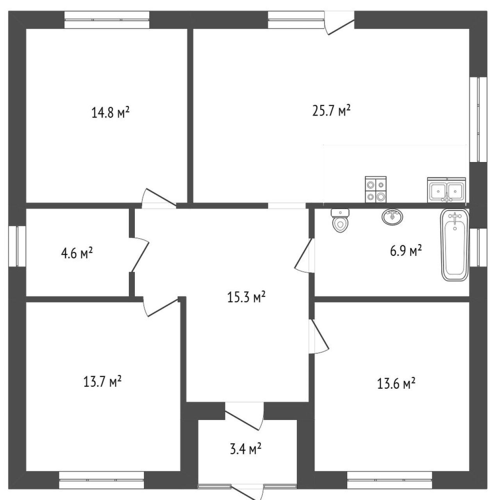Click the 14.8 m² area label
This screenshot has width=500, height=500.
coord(110,113)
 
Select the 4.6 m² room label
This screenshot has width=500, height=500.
coord(77,253)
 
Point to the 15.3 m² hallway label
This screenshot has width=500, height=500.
coord(246,297)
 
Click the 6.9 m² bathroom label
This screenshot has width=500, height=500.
coord(406,251)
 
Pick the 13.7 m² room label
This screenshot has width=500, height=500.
coord(102,381)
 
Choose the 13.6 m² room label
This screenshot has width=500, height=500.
coord(396,384)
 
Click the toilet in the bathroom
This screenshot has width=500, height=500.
coord(340,220)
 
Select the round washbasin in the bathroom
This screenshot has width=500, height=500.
coord(393,216)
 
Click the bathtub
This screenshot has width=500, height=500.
coord(455,245)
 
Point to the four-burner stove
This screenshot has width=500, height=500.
coord(376,189)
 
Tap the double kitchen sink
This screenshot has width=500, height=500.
coord(446,190)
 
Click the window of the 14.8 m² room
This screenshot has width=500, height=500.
coord(107,20)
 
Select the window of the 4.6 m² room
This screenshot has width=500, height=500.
coord(17,246)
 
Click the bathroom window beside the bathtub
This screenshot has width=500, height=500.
coord(478,247)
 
